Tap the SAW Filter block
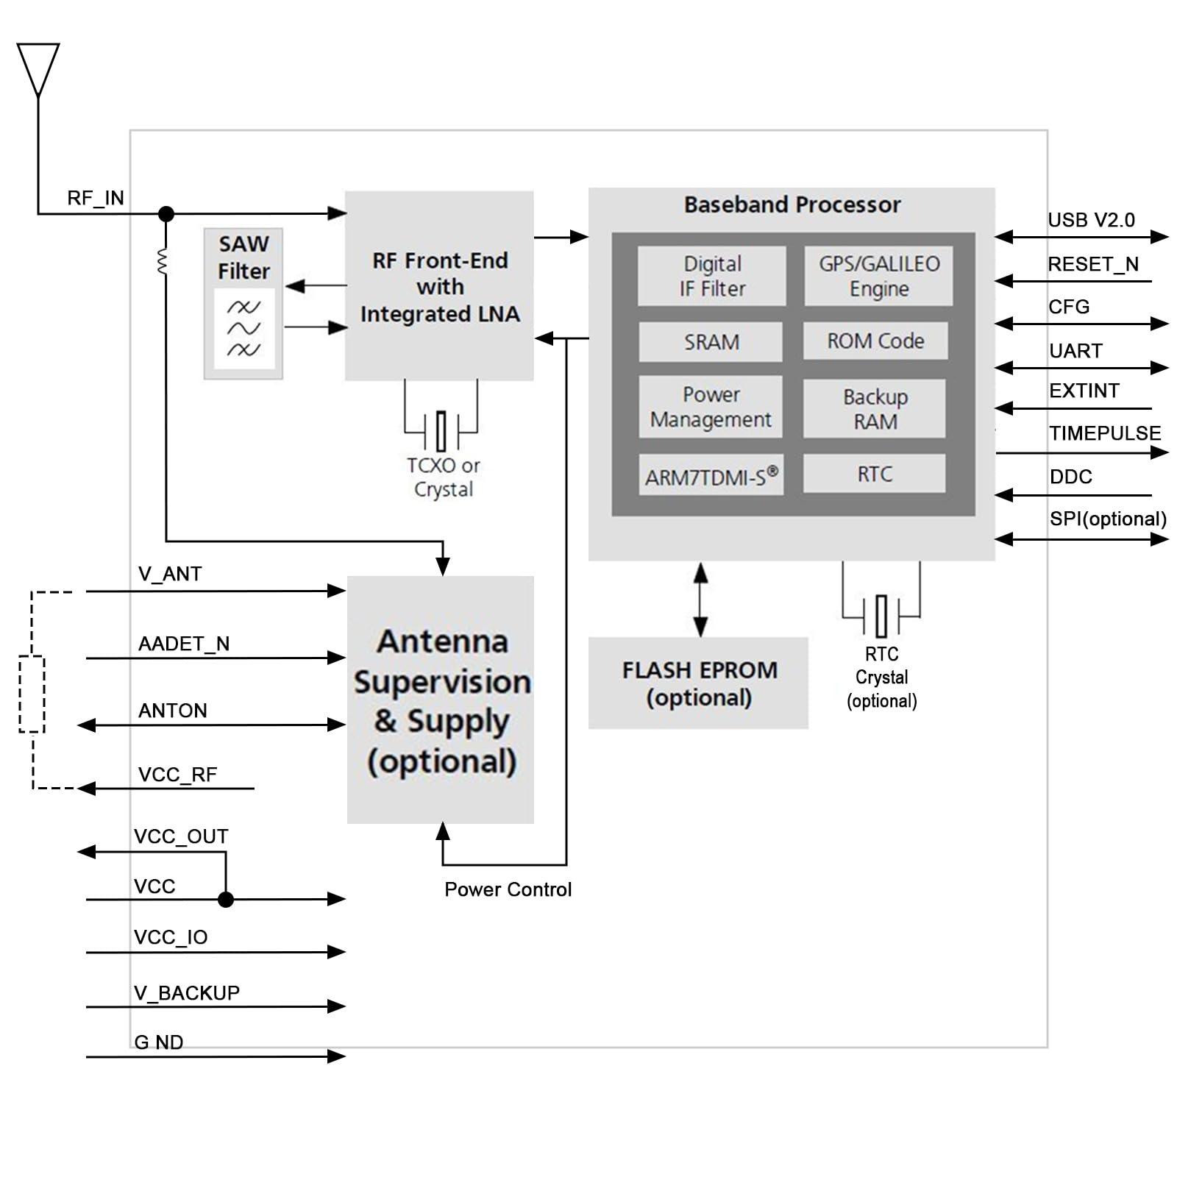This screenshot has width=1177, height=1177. click(x=243, y=304)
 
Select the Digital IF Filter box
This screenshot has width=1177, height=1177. click(x=711, y=276)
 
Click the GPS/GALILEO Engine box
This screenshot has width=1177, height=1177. click(x=878, y=276)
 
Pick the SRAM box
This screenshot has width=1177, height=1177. click(x=711, y=341)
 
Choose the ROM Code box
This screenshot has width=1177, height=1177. click(x=875, y=341)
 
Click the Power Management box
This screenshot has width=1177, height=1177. click(x=711, y=407)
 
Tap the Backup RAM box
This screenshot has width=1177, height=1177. click(x=875, y=409)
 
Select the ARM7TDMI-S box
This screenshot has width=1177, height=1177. click(x=711, y=475)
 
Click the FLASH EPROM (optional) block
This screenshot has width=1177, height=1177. click(x=698, y=683)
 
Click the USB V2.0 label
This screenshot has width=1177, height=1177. click(x=1091, y=220)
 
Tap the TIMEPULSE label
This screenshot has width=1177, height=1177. click(x=1105, y=433)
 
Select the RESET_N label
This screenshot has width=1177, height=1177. click(x=1093, y=264)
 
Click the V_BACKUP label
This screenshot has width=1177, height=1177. click(x=187, y=993)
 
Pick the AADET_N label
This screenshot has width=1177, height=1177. click(x=184, y=644)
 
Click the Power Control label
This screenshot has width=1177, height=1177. click(x=508, y=889)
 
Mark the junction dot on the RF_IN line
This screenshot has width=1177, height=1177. click(x=166, y=214)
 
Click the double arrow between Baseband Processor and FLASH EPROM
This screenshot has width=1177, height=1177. click(x=701, y=600)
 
